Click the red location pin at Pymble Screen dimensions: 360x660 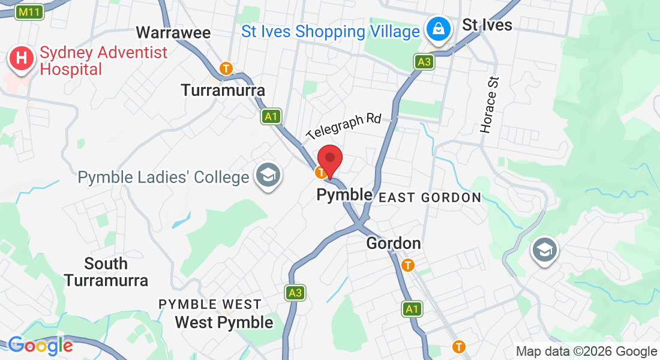(x=329, y=160)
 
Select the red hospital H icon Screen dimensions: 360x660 (x=22, y=59)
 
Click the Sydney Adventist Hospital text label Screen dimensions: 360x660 (x=103, y=61)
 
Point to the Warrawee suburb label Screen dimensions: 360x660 (x=173, y=32)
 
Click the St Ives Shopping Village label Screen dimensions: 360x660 (x=330, y=32)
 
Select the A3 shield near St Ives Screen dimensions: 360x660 (x=424, y=61)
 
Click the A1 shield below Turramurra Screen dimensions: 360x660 (x=271, y=116)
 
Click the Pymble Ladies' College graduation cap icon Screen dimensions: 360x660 (x=265, y=175)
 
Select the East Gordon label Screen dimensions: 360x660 (x=430, y=197)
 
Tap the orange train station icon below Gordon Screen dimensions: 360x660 (x=409, y=265)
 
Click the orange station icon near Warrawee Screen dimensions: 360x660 (x=226, y=68)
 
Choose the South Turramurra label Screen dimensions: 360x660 (x=106, y=272)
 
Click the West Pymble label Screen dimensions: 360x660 (x=224, y=322)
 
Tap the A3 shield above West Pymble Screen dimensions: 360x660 (x=294, y=293)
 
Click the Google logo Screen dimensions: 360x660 (x=40, y=346)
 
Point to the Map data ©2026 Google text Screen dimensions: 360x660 (x=586, y=352)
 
